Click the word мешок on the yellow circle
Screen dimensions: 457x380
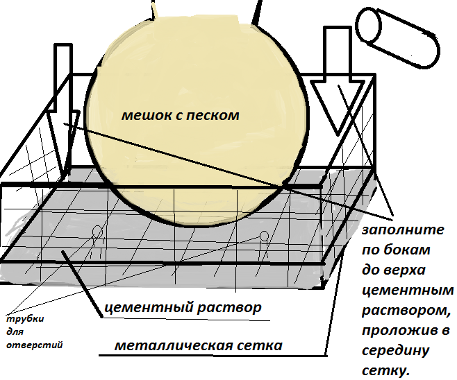click(x=142, y=115)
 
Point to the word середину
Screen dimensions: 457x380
click(x=393, y=351)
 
